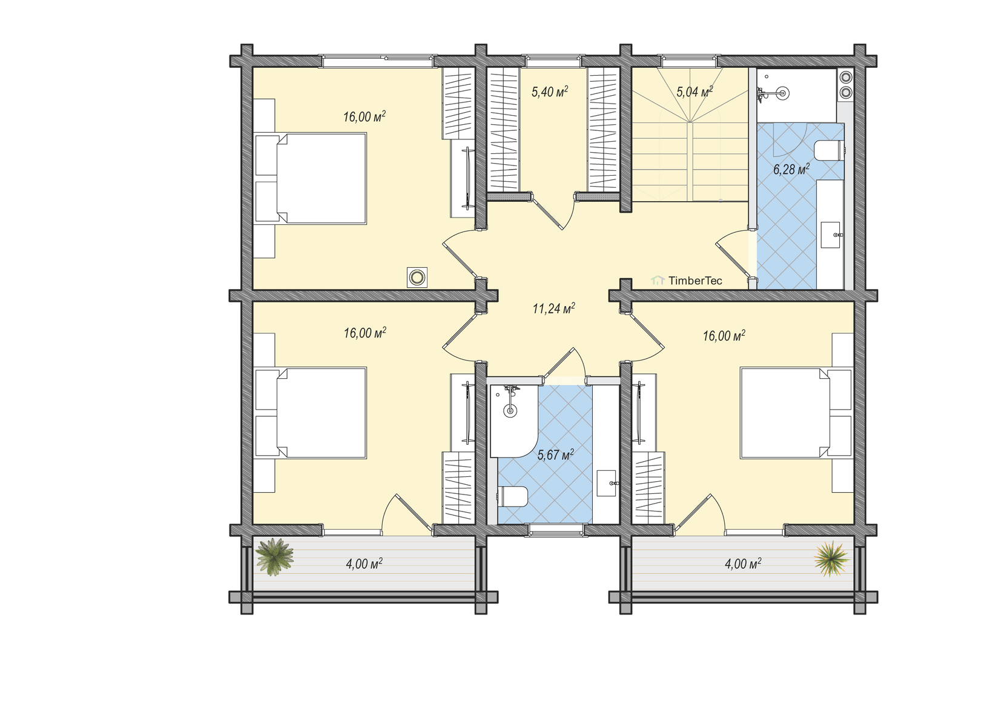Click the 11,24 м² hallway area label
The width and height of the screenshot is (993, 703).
coord(553,308)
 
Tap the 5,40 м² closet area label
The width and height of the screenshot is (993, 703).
coord(550,92)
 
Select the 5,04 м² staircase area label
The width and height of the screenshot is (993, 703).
coord(694,92)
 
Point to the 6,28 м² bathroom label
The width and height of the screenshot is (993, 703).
coord(791,169)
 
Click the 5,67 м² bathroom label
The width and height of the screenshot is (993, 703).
coord(555,455)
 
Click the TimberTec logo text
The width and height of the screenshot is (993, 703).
coord(695,281)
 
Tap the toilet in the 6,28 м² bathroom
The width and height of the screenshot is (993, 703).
coord(828,150)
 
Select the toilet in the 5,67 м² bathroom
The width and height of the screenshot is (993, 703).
coord(513,496)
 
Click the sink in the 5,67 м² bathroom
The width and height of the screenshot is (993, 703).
coord(607,484)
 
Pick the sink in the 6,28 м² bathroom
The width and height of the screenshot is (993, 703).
coord(831,235)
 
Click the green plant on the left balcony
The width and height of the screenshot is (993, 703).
coord(274,557)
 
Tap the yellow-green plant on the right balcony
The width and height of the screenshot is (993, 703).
coord(831,558)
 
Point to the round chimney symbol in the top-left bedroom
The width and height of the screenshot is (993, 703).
coord(417,278)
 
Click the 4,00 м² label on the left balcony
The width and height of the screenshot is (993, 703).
coord(364,564)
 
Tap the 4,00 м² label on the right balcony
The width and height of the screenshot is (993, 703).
coord(743,564)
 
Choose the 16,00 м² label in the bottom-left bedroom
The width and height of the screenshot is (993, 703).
coord(365,333)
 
